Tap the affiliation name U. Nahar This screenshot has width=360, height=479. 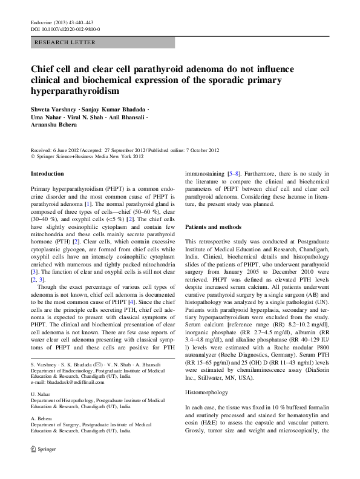[x=41, y=394]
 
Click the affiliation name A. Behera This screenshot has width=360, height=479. [x=41, y=418]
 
